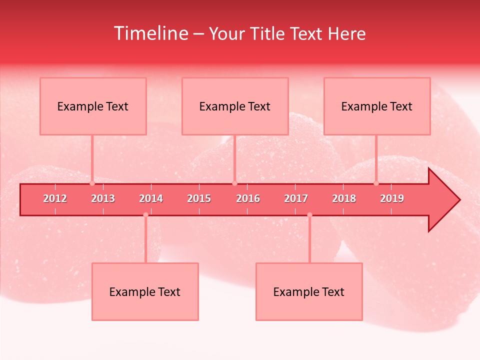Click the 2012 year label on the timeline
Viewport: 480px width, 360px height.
point(55,198)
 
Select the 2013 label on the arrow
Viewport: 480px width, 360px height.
point(103,198)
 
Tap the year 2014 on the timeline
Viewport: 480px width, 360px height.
point(151,198)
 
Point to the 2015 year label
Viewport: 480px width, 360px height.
point(199,198)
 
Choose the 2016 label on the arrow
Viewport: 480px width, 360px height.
point(248,198)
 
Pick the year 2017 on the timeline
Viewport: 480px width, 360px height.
point(296,198)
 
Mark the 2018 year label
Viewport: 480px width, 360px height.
point(344,198)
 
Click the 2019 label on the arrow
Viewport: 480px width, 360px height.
point(392,198)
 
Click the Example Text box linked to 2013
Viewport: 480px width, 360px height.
point(93,106)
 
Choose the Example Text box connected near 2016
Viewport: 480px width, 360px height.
point(235,106)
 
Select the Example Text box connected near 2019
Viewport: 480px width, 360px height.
point(377,106)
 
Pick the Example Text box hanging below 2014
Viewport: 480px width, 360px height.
point(145,291)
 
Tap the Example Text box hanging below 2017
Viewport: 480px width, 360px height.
point(309,291)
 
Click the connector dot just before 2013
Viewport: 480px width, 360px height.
point(92,183)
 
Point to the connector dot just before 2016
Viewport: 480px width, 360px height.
point(234,183)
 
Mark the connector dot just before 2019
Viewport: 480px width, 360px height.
point(376,183)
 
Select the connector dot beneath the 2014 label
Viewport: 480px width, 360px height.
point(145,215)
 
